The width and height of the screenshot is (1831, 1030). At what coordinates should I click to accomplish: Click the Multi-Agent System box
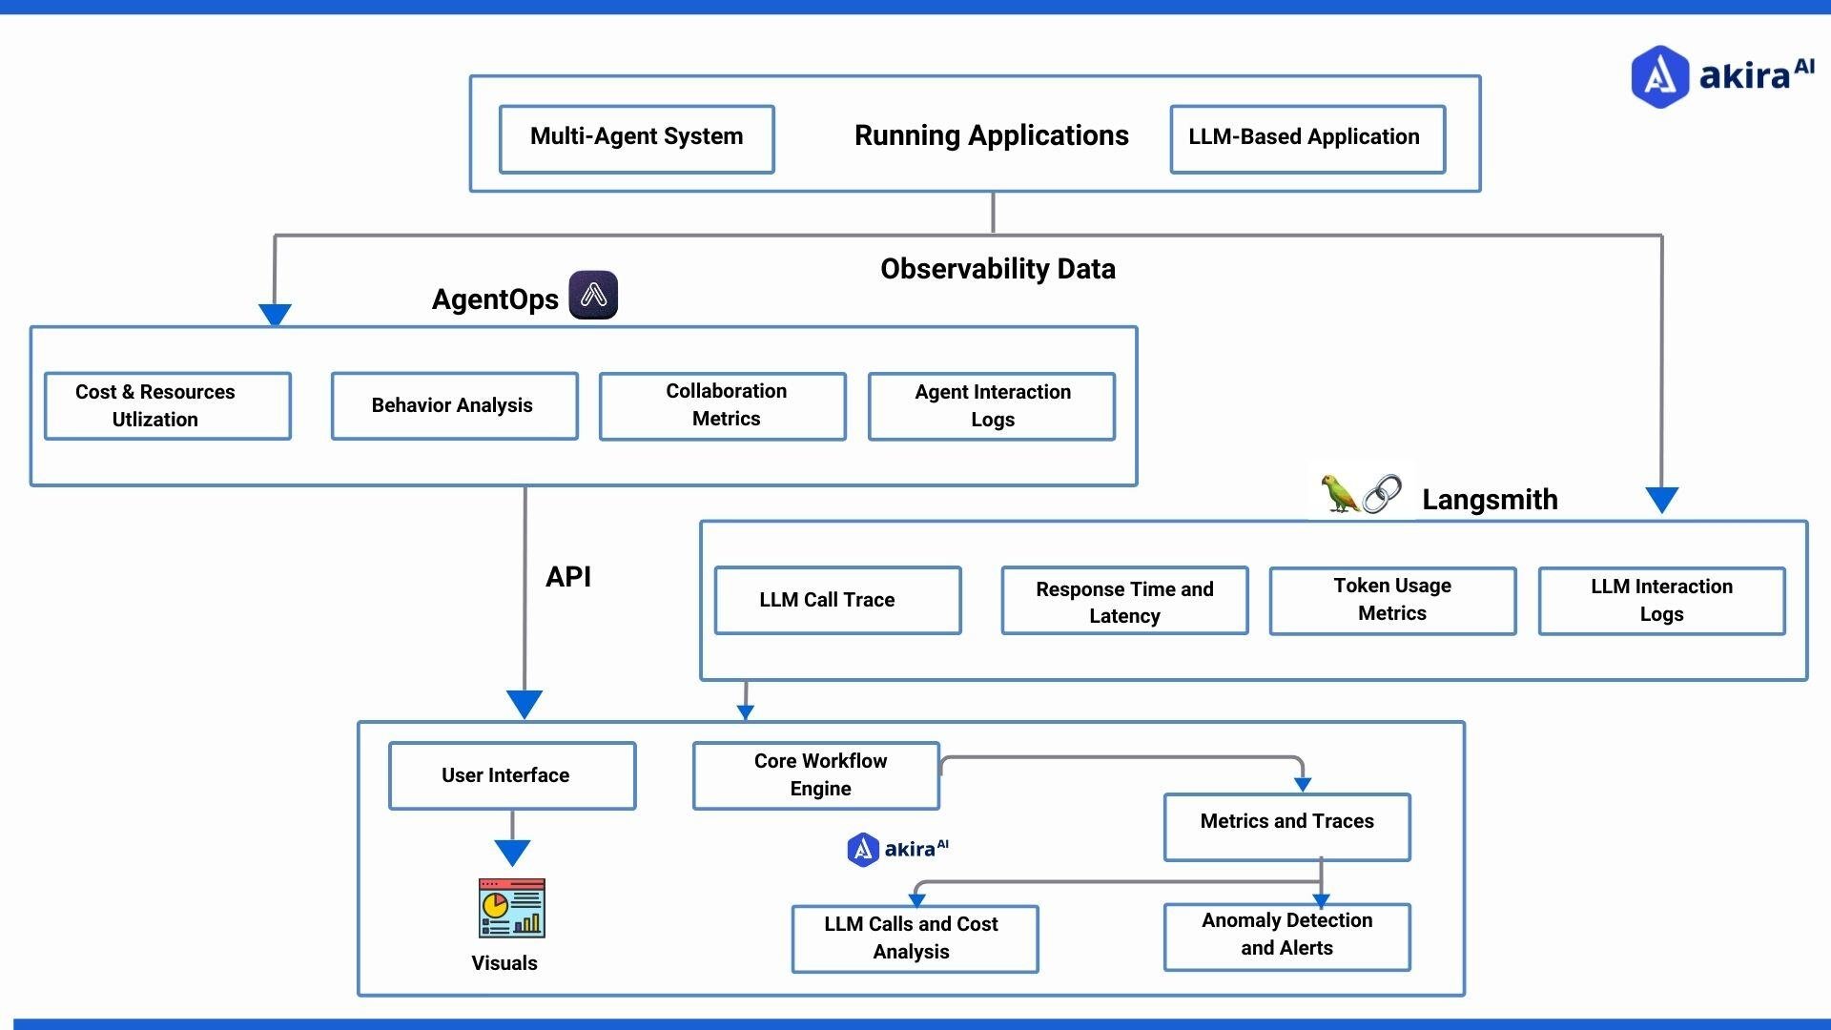(x=636, y=138)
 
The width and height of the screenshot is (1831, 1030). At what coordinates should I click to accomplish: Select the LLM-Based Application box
(x=1307, y=138)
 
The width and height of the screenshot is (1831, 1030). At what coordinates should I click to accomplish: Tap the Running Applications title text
(x=991, y=135)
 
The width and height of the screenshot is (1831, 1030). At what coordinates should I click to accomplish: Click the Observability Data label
(x=998, y=269)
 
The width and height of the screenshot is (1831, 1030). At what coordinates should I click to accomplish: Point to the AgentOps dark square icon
(x=593, y=295)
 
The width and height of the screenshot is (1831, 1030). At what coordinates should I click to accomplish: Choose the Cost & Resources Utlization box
(x=167, y=405)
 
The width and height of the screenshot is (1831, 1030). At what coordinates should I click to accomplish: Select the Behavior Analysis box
(x=454, y=405)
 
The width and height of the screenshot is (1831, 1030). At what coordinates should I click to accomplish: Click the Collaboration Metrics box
(x=723, y=405)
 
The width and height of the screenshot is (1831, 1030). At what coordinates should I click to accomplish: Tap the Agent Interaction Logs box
(x=992, y=405)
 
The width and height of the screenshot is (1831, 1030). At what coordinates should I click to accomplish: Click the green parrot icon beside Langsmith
(x=1339, y=493)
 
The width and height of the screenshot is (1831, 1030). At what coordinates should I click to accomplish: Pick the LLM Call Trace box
(x=837, y=600)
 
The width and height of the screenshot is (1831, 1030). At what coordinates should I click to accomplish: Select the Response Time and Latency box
(x=1124, y=601)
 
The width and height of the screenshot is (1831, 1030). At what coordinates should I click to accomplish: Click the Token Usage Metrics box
(x=1392, y=600)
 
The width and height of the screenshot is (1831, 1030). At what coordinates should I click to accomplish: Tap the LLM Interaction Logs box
(x=1661, y=600)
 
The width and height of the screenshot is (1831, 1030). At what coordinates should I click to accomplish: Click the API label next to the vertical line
(x=568, y=577)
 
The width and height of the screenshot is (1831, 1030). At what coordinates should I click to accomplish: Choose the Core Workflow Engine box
(x=816, y=774)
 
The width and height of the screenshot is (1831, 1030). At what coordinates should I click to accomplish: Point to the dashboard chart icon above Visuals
(x=512, y=908)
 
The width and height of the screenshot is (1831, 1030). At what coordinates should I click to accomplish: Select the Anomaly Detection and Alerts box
(x=1286, y=936)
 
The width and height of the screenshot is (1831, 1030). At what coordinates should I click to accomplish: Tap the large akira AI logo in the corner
(x=1720, y=75)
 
